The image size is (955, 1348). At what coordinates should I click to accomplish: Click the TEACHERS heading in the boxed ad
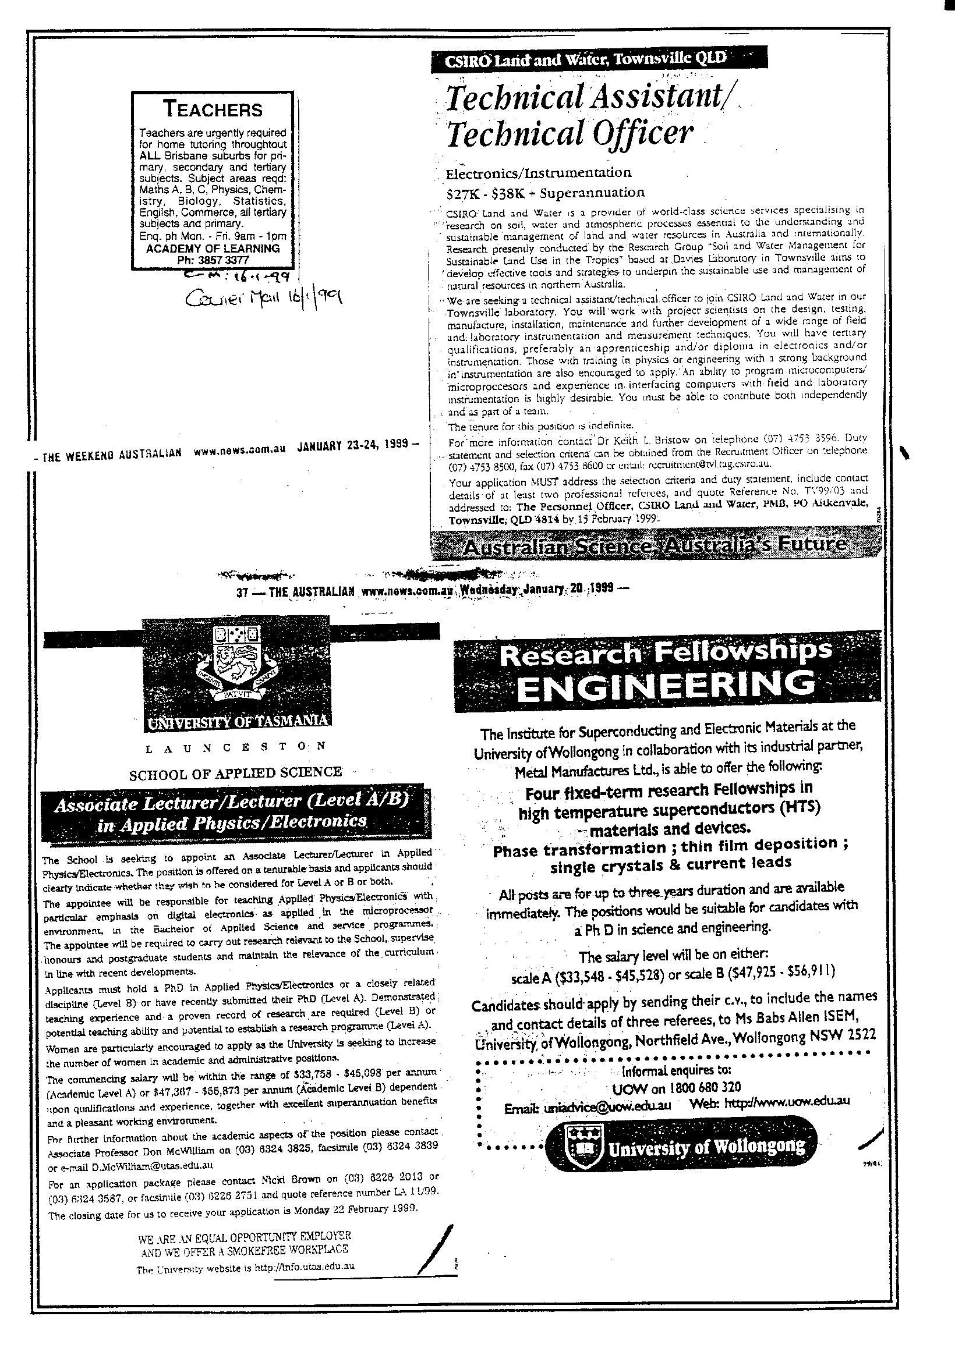pos(213,109)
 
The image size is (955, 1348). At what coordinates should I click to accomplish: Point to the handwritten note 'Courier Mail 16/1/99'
pos(263,299)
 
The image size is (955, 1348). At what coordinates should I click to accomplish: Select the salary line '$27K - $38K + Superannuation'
pos(545,192)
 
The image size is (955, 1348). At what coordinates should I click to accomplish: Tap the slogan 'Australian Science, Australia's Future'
pos(656,545)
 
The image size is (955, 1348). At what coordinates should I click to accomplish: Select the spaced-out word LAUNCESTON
pos(234,748)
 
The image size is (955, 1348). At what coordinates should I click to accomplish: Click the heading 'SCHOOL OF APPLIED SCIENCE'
pos(235,772)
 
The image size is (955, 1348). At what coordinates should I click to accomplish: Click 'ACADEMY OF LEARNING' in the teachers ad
pos(213,249)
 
